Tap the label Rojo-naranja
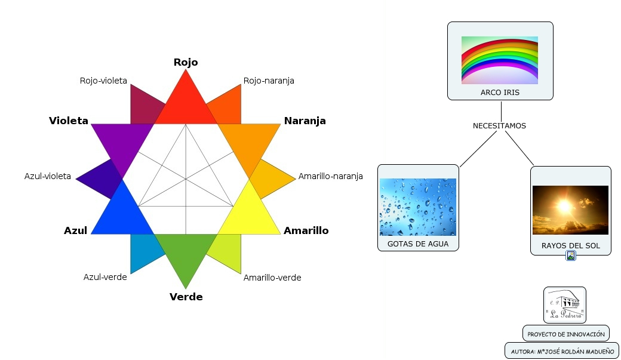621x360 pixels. click(269, 81)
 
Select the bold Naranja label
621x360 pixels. click(305, 121)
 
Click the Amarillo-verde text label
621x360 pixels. click(272, 278)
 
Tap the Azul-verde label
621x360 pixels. click(105, 277)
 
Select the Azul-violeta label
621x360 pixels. click(48, 176)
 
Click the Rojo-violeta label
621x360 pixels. click(103, 81)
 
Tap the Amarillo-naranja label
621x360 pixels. click(331, 176)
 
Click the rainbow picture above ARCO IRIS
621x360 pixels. click(500, 60)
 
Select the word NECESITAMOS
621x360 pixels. click(499, 126)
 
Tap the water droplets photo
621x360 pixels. click(418, 207)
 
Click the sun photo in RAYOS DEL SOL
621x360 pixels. click(570, 210)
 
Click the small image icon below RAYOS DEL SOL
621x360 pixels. click(571, 256)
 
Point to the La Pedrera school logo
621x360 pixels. click(564, 304)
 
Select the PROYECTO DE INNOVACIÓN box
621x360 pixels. click(565, 334)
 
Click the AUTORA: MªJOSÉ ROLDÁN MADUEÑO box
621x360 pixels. click(561, 350)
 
